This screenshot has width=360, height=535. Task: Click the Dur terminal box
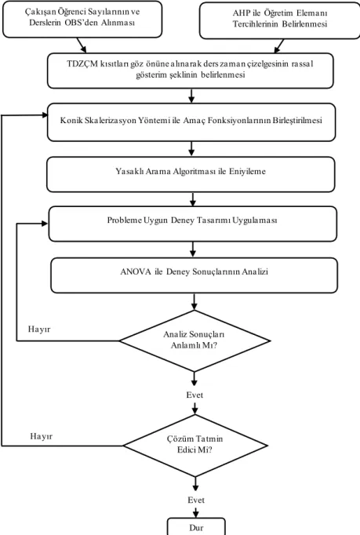tap(196, 526)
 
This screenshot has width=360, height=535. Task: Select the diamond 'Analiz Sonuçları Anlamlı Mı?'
tap(195, 340)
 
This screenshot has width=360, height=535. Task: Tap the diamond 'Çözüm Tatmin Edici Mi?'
tap(195, 446)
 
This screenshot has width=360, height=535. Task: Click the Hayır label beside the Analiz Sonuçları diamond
tap(39, 329)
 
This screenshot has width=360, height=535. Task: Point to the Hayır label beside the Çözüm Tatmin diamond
tap(42, 436)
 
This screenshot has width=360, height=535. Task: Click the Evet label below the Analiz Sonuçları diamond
tap(195, 395)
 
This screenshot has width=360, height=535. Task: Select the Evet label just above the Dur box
tap(196, 500)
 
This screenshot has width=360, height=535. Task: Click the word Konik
tap(69, 121)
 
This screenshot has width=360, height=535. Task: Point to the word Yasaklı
tap(129, 171)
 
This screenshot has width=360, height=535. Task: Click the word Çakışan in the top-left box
tap(38, 13)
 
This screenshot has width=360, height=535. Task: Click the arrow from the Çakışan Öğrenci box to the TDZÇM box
tap(82, 45)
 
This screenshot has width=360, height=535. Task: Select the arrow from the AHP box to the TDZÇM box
tap(279, 45)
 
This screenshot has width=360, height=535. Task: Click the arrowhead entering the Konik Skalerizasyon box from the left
tap(45, 115)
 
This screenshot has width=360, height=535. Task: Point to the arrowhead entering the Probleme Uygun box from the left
tap(45, 224)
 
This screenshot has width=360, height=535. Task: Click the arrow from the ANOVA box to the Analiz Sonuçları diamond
tap(195, 301)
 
